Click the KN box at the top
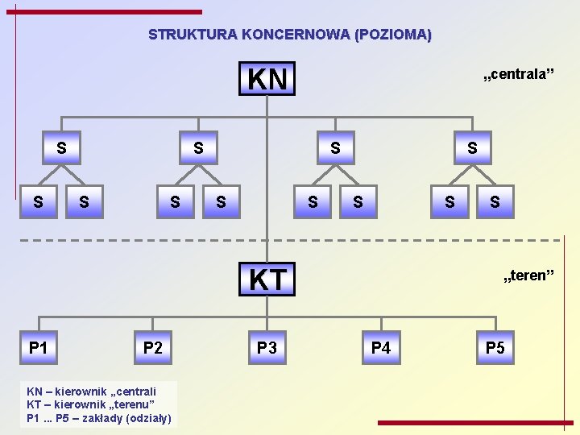[267, 79]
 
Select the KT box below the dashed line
[267, 279]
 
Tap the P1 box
[38, 348]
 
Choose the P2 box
[152, 348]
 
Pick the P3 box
[267, 348]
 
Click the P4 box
[381, 348]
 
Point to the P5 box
[495, 348]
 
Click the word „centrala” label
[518, 75]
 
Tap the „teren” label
[528, 277]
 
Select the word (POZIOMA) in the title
[392, 35]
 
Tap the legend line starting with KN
[91, 390]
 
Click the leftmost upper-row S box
[61, 148]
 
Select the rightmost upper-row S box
[472, 148]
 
